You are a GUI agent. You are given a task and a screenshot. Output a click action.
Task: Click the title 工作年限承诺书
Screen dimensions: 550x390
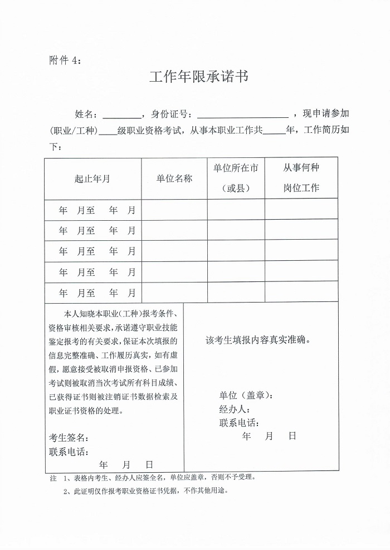198,77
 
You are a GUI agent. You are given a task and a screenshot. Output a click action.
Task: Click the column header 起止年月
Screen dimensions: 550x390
92,179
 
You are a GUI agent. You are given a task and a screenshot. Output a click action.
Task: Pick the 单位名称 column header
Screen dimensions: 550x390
174,179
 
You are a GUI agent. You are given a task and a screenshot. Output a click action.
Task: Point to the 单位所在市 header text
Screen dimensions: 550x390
236,168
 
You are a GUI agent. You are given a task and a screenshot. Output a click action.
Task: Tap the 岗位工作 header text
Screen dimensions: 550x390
301,188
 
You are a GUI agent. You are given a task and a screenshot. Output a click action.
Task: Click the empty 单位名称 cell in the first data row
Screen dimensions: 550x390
174,210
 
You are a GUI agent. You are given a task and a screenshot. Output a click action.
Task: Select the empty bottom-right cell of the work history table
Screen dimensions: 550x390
301,292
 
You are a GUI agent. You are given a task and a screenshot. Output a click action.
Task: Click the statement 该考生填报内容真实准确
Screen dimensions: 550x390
258,340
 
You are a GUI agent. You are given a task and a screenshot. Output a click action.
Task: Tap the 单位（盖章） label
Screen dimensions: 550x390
246,395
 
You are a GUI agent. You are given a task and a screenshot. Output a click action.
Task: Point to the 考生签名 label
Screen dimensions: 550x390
69,437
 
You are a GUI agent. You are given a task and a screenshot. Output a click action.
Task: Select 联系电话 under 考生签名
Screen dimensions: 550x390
69,451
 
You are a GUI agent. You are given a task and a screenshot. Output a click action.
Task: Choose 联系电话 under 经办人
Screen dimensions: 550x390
240,423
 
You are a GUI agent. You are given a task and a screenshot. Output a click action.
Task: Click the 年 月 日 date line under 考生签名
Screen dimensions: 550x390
126,464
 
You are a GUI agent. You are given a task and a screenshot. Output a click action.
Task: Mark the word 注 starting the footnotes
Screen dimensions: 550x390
53,478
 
